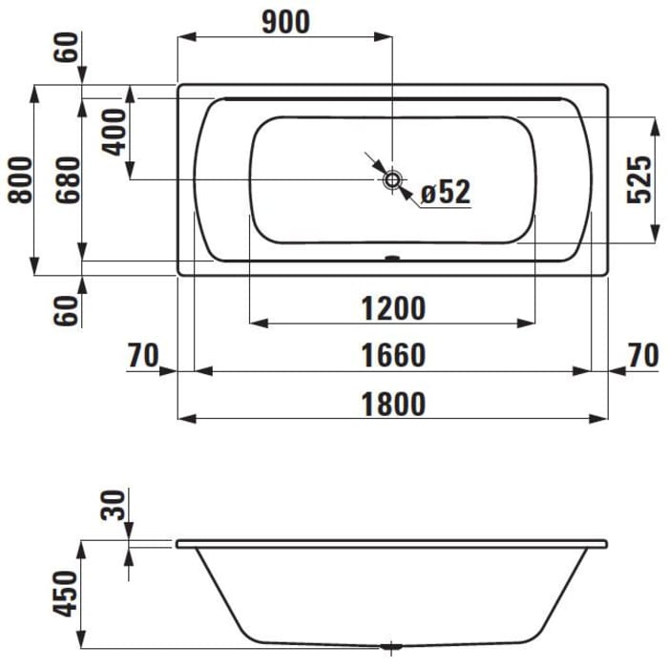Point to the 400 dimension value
point(114,132)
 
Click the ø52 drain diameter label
point(446,193)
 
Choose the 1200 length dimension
point(393,308)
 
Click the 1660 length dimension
point(393,355)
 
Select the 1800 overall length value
point(393,403)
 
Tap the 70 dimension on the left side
point(142,355)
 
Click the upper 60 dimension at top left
point(68,45)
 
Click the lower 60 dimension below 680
point(68,310)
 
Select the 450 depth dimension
point(68,593)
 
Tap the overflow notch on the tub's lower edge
point(392,258)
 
